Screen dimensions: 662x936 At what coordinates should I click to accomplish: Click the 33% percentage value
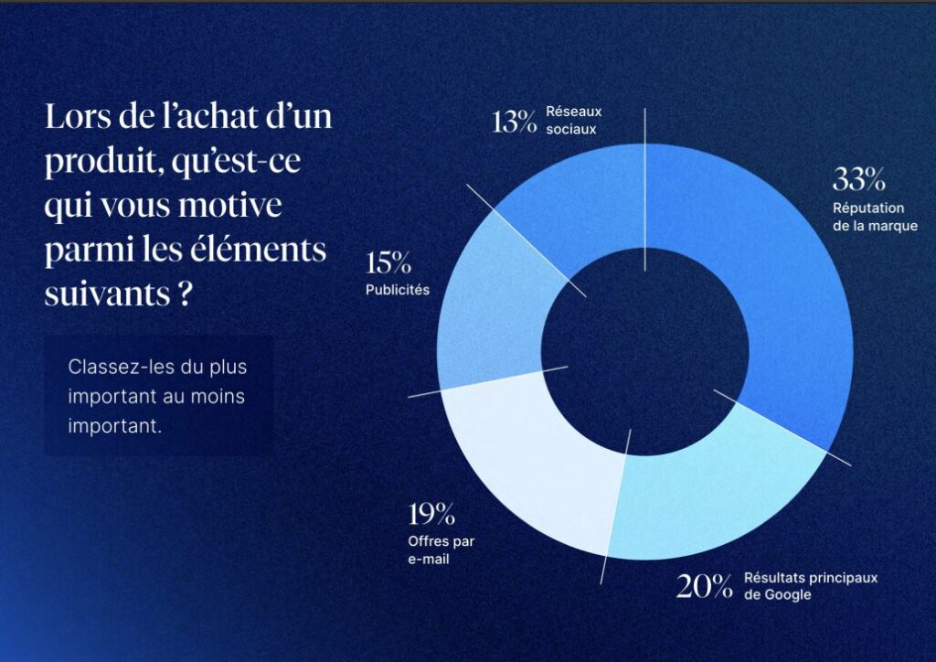[858, 179]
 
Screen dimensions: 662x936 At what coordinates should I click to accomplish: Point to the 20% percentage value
[704, 586]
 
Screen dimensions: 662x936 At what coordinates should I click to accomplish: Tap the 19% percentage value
[431, 515]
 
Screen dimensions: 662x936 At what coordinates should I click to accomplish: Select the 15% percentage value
[388, 264]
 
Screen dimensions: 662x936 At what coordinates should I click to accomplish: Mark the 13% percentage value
[514, 122]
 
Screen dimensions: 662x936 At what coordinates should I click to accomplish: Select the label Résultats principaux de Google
[810, 586]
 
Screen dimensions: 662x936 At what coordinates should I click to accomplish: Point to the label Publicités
[398, 291]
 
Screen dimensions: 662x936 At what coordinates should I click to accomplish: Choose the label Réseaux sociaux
[573, 120]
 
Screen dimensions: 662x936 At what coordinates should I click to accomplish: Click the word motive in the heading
[235, 206]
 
